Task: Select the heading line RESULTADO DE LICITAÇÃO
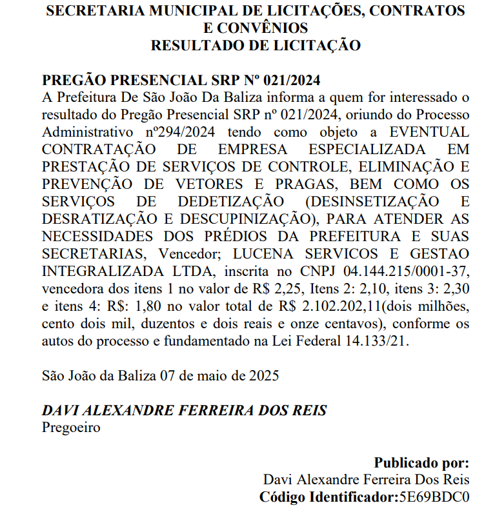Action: [255, 45]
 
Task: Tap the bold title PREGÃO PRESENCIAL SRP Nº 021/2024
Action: [181, 81]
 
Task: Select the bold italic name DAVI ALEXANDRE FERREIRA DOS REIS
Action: [185, 410]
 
